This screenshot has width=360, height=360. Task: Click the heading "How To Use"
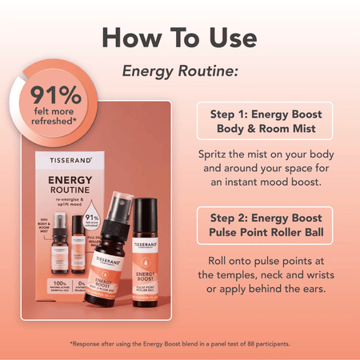tap(179, 37)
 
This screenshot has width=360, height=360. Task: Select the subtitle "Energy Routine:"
tap(180, 72)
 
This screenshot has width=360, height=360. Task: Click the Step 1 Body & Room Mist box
tap(265, 122)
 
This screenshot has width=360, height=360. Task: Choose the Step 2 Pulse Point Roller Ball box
tap(265, 225)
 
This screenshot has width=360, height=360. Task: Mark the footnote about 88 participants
tap(180, 343)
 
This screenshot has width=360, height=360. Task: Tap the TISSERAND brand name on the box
tap(65, 161)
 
